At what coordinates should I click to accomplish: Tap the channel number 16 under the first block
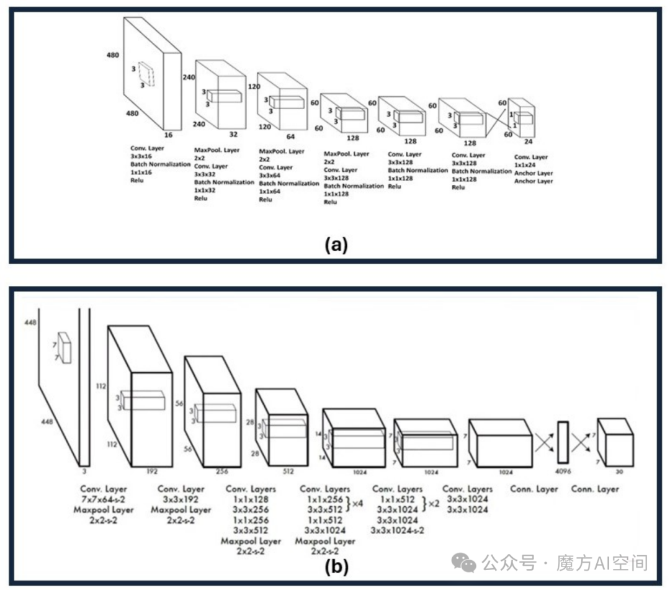(x=168, y=135)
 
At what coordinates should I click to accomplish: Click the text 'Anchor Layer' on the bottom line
(x=534, y=181)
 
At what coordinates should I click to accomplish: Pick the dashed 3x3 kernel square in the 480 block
(x=146, y=74)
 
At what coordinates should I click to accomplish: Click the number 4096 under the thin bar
(x=563, y=472)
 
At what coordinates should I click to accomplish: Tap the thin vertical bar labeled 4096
(x=563, y=442)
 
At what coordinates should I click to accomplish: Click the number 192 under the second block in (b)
(x=152, y=472)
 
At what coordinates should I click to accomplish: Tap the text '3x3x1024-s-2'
(x=397, y=530)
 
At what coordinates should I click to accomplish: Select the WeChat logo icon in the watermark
(x=465, y=563)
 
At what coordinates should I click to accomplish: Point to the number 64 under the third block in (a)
(x=290, y=136)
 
